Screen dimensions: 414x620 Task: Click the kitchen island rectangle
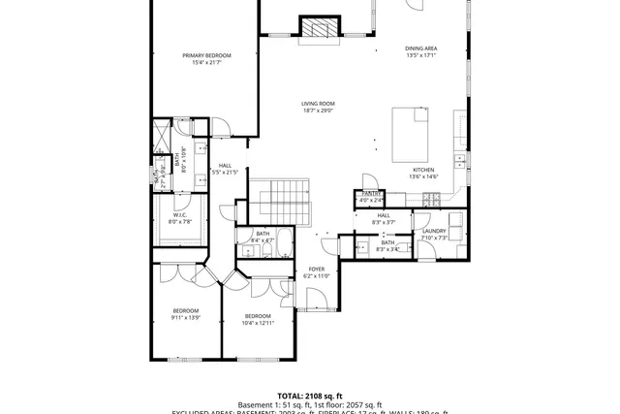(x=412, y=136)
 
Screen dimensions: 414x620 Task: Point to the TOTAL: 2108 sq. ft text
(x=310, y=396)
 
